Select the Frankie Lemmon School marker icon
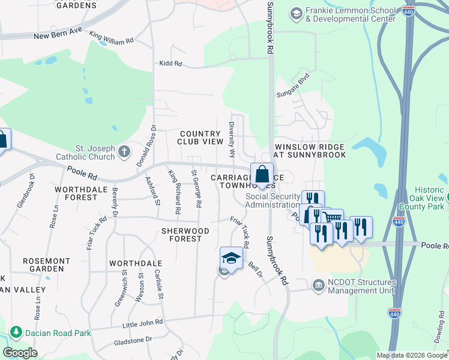295,13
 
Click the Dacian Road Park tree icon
15,332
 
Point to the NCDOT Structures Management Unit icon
318,287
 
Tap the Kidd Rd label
170,63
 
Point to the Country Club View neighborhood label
200,137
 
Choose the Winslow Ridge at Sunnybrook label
310,151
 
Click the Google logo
20,353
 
